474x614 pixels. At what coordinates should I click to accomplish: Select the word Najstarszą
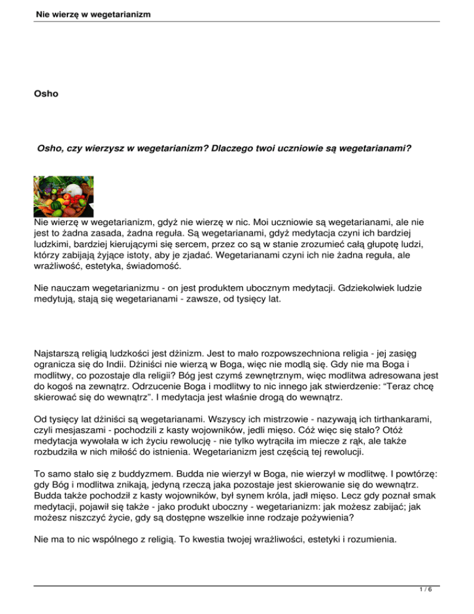tap(60, 355)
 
